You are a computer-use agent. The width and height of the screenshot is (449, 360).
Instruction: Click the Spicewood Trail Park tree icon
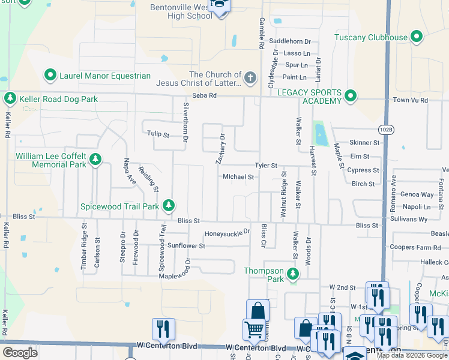tap(169, 206)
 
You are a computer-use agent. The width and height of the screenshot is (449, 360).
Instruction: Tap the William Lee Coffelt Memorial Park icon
tap(95, 160)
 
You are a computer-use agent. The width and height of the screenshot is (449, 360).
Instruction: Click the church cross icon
tap(250, 78)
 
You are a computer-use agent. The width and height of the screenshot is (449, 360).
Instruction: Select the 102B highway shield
tap(387, 129)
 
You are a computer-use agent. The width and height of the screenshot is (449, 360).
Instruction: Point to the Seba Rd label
tap(203, 97)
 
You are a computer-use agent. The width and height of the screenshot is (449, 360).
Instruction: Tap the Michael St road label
tap(239, 177)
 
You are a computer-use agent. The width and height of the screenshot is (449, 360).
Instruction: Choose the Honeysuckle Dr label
tap(226, 233)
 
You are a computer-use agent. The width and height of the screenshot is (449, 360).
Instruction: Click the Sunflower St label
tap(186, 245)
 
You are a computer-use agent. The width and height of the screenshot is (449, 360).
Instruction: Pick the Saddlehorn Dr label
tap(290, 41)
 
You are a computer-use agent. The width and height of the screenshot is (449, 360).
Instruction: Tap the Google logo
tap(20, 353)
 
